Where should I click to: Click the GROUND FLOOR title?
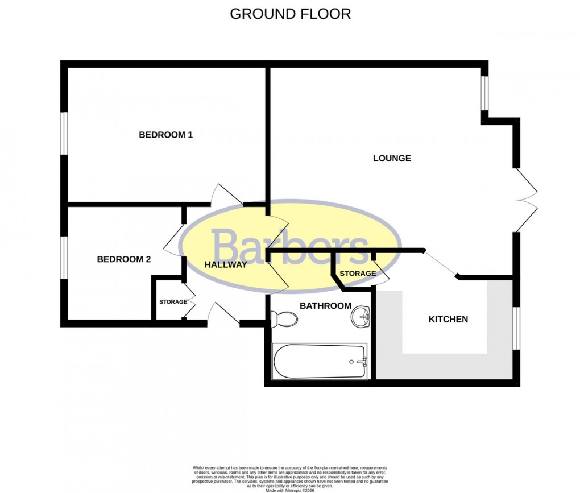point(290,14)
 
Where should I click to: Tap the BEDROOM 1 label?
point(166,135)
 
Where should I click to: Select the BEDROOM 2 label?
point(124,259)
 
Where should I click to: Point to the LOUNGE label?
point(392,158)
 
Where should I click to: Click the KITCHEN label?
point(448,319)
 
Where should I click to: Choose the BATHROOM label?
point(325,306)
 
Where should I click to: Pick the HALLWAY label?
point(226,264)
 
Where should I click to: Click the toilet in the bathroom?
point(284,320)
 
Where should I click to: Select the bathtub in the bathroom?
point(320,361)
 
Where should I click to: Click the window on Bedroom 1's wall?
point(64,134)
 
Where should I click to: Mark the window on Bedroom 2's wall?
point(64,258)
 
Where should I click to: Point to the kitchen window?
point(516,328)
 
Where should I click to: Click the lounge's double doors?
point(527,200)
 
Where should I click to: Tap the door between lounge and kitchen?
point(441,264)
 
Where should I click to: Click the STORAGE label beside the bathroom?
point(358,274)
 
